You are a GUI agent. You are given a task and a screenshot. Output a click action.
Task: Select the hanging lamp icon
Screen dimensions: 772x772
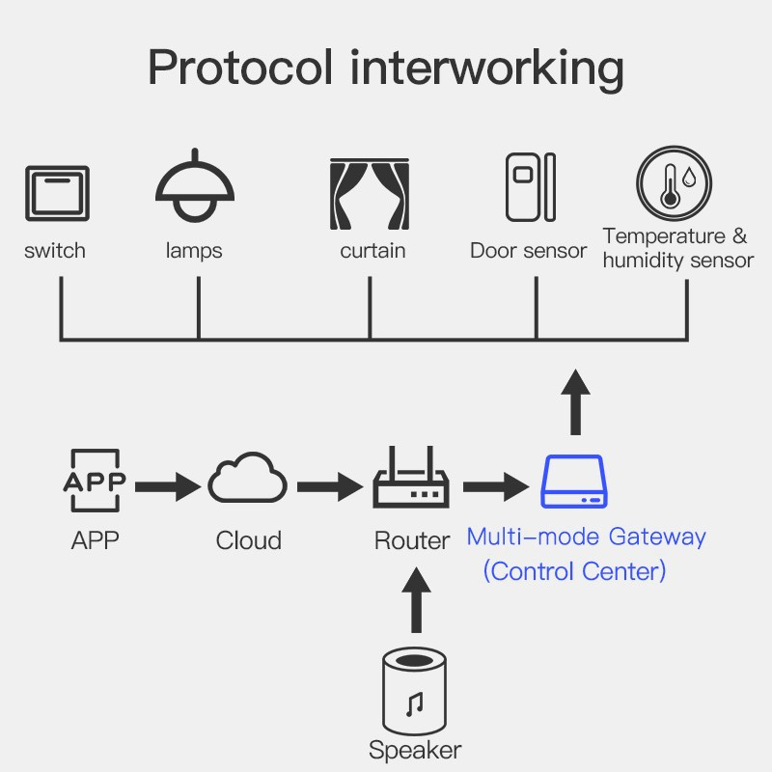pyautogui.click(x=195, y=188)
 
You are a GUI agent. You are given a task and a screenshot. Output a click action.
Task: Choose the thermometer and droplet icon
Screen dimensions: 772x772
pyautogui.click(x=674, y=183)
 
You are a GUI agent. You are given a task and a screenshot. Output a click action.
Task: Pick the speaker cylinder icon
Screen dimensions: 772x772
pyautogui.click(x=415, y=694)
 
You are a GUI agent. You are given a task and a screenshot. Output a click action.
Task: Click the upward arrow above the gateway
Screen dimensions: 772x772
pyautogui.click(x=576, y=401)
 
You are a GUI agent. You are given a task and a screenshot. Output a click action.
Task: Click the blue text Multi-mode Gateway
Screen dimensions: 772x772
pyautogui.click(x=586, y=537)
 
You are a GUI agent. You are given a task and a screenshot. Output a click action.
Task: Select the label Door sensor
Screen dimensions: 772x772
pyautogui.click(x=528, y=251)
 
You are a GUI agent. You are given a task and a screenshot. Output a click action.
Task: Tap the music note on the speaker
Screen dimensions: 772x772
pyautogui.click(x=415, y=704)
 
